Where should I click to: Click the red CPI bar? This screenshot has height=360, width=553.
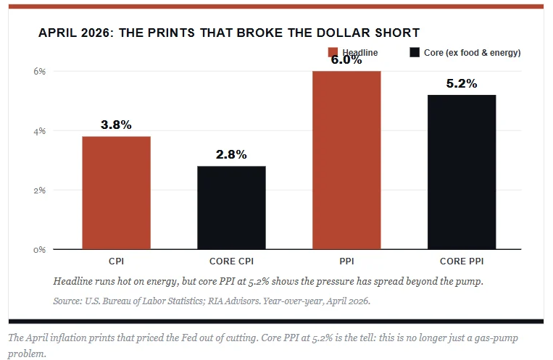[117, 193]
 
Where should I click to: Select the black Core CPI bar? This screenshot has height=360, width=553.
[231, 208]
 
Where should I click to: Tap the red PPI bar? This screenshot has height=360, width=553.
[346, 160]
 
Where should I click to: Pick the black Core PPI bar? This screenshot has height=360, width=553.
[462, 172]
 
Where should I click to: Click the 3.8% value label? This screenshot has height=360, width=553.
[116, 125]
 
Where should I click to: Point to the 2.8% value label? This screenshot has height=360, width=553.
[231, 154]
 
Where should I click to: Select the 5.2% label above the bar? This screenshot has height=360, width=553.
[462, 83]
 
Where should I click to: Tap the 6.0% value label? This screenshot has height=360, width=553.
[346, 60]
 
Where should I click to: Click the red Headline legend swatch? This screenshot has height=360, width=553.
[333, 52]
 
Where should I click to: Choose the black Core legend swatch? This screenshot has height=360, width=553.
[415, 52]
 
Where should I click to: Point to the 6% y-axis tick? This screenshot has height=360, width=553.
[40, 71]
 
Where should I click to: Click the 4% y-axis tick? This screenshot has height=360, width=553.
[40, 131]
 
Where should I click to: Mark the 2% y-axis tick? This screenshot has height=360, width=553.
[40, 191]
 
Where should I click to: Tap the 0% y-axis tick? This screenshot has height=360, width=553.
[40, 250]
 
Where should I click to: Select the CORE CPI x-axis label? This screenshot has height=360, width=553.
[231, 261]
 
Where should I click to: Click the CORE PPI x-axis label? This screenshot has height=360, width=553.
[462, 261]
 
